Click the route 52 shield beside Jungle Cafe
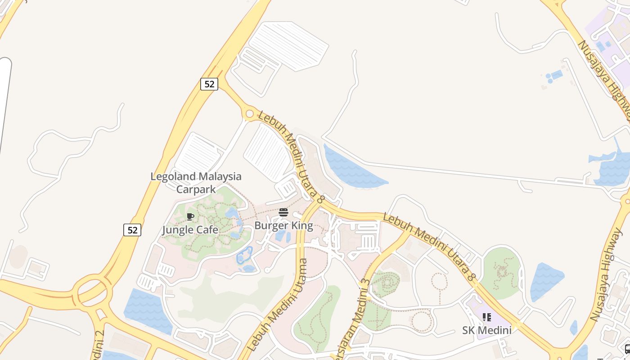[132, 230]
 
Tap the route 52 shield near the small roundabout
[209, 84]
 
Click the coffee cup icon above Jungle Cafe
[190, 217]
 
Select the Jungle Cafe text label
[190, 230]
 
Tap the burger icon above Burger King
[283, 212]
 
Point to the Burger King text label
[283, 225]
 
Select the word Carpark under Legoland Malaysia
[196, 189]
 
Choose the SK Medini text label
[487, 330]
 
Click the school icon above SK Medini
[486, 318]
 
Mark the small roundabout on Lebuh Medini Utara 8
[249, 114]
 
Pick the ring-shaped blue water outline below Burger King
[244, 256]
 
